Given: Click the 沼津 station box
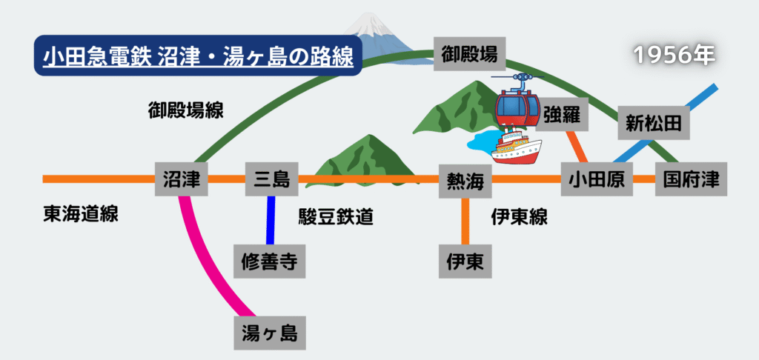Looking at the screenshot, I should pos(182,179).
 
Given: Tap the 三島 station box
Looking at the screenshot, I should pos(271,179).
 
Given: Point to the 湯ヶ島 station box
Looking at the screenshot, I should pos(269,333).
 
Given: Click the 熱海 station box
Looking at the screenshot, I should pos(465,181).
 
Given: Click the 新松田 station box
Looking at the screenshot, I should pos(653,122).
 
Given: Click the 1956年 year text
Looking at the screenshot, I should pos(672,56).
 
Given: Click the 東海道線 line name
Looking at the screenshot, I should pos(80,215).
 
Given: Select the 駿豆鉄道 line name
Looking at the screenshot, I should pos(335,216).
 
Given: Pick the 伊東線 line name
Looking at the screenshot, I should pos(519,216).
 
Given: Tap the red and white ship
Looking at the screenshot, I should pos(516,147).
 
